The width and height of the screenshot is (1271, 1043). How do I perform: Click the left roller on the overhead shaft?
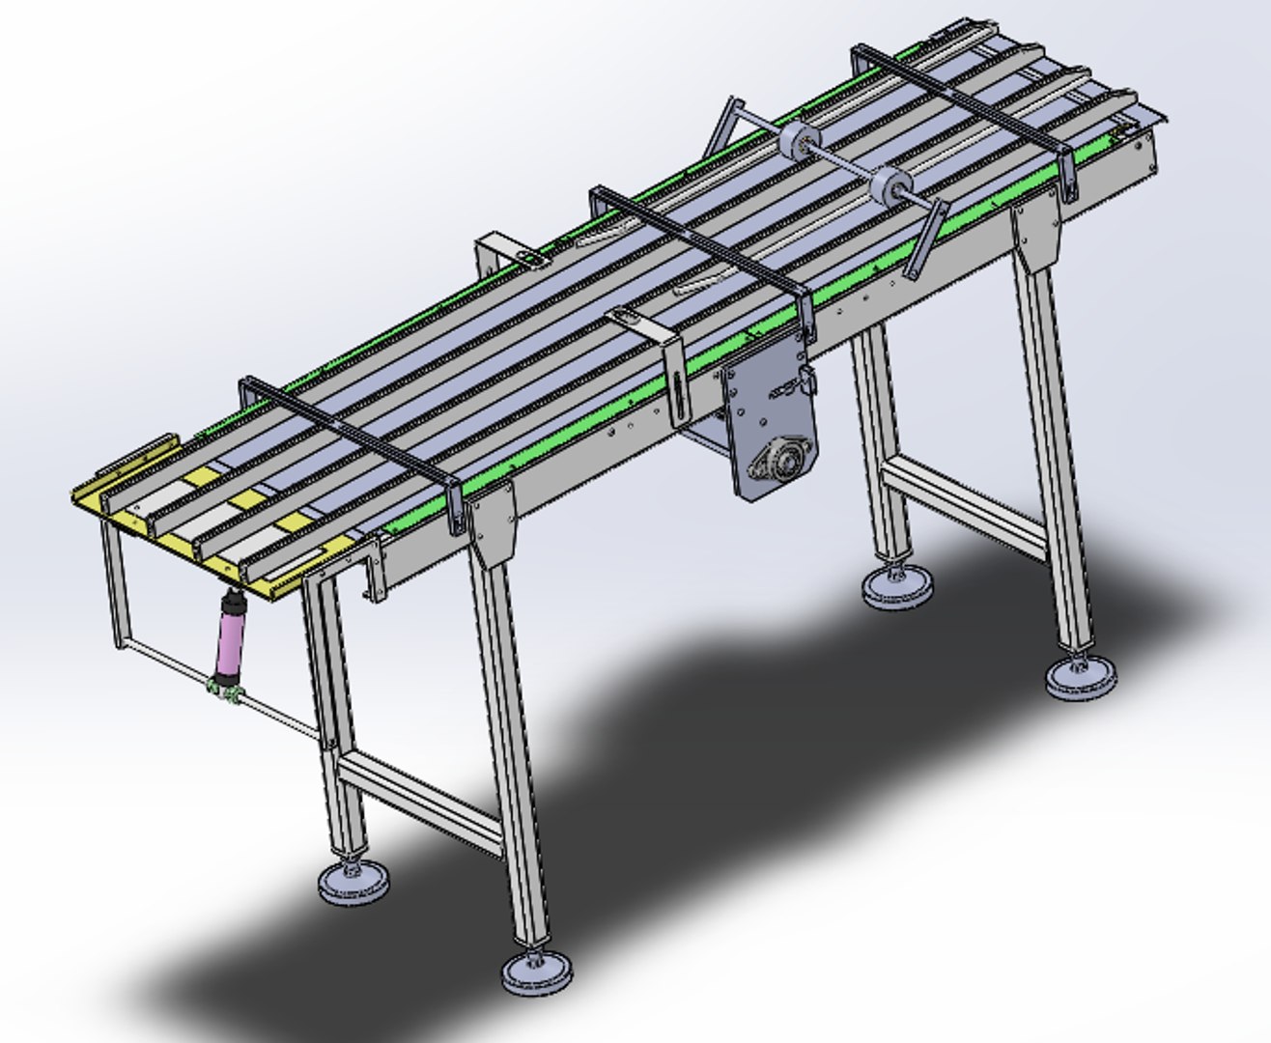point(800,144)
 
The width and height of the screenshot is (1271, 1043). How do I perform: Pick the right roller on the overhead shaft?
point(890,186)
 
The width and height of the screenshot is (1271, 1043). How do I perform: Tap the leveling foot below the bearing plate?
point(897,587)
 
